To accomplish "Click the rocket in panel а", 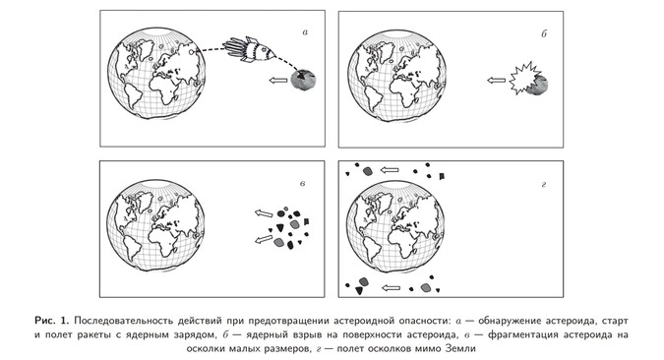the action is click(x=248, y=50).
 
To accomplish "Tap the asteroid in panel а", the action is click(x=304, y=80).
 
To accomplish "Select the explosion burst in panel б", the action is click(x=523, y=79).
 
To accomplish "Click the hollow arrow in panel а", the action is click(x=278, y=80).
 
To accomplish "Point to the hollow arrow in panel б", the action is click(x=496, y=80).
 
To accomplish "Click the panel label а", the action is click(x=305, y=32).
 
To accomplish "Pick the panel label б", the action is click(x=544, y=33).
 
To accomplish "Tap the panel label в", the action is click(x=302, y=183).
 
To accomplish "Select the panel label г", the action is click(x=544, y=184).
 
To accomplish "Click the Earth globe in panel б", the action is click(x=396, y=76).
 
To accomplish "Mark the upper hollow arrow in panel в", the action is click(x=264, y=213).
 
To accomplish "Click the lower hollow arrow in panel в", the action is click(x=264, y=239).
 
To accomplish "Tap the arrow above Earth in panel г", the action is click(x=390, y=170).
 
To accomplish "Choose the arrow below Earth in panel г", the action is click(x=391, y=288).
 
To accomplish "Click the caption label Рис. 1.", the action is click(x=51, y=321).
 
